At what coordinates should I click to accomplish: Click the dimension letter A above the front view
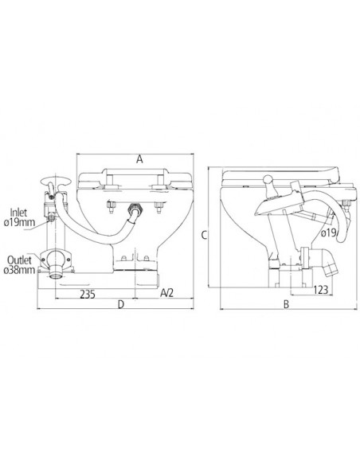click(139, 159)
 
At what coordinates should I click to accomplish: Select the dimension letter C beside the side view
click(205, 235)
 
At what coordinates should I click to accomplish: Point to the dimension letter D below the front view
click(120, 304)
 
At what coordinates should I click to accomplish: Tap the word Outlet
click(19, 260)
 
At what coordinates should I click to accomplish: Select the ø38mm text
click(19, 271)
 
